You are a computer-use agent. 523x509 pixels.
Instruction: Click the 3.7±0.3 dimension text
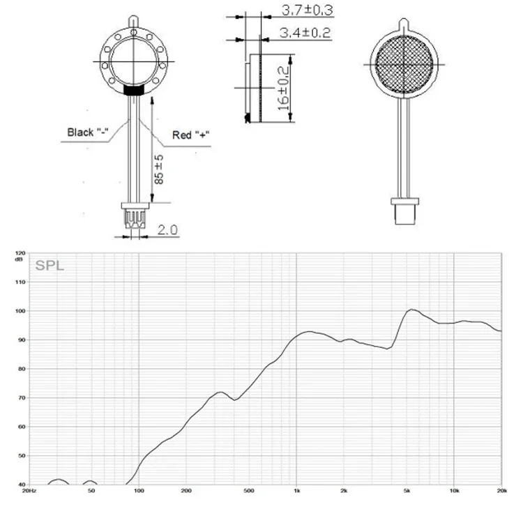point(308,10)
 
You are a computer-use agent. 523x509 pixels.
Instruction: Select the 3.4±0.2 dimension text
point(305,33)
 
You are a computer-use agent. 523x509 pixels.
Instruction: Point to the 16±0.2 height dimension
point(283,89)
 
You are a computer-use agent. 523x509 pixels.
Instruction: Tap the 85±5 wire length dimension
point(159,169)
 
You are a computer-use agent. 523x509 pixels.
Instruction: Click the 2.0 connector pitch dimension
point(167,230)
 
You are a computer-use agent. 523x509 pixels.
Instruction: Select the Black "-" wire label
point(88,132)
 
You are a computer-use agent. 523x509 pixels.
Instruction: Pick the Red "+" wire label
point(190,135)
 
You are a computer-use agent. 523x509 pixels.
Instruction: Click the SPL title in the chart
point(50,266)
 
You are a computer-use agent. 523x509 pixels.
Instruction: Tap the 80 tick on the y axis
point(22,369)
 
